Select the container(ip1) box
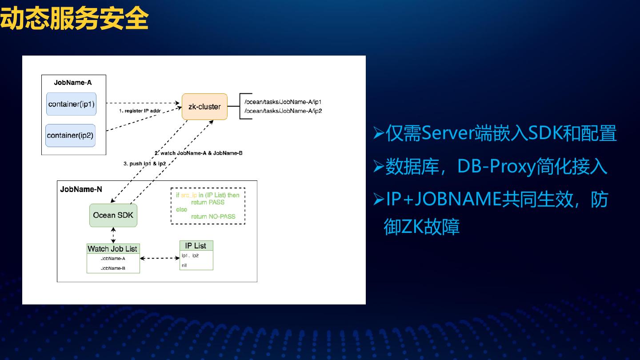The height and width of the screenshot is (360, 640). pos(71,104)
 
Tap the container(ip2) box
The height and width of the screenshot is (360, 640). pos(70,135)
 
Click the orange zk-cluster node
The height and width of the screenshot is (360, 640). pos(204,107)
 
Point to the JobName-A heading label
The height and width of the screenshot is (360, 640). pos(73,82)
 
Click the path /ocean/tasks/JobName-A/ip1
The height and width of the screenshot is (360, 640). pos(283,102)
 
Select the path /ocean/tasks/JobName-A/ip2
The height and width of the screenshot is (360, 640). pos(283,111)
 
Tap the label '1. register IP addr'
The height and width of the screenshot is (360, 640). pos(140,111)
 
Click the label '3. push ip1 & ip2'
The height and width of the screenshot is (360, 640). pos(144,164)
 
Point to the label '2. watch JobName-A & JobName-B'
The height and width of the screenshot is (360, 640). pos(198,153)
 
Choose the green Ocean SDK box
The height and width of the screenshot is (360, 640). pos(113,215)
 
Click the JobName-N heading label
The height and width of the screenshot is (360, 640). pos(81,189)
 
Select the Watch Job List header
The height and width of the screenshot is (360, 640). pos(112,249)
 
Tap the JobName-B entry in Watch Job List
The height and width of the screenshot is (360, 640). pos(113,268)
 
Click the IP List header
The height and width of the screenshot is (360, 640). pos(196,245)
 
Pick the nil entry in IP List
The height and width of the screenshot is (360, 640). pos(184,265)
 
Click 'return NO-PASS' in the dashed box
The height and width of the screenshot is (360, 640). pos(213,216)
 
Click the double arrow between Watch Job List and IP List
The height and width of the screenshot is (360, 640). pos(160,258)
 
